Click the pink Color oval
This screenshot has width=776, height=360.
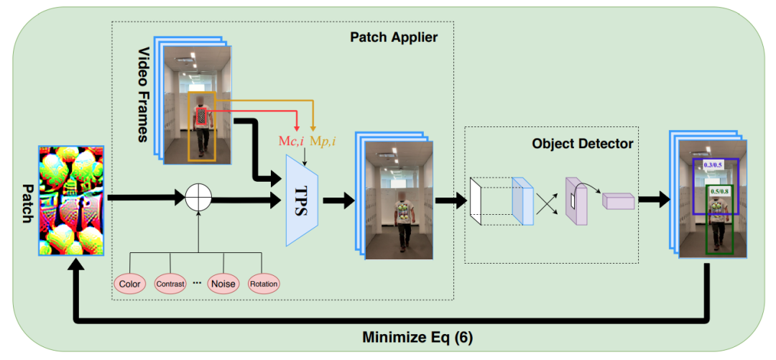[x=130, y=284]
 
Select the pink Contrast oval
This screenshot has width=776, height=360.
[x=170, y=284]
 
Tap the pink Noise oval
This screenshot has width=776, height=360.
[x=223, y=284]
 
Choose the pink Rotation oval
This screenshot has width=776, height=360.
[x=264, y=284]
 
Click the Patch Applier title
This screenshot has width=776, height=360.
[x=394, y=37]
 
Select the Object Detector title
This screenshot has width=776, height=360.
[x=582, y=144]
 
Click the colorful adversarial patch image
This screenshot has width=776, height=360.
[x=72, y=200]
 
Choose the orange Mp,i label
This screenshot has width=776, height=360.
[x=323, y=142]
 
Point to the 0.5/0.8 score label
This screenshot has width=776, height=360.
[x=719, y=192]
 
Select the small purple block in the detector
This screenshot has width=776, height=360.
[x=618, y=201]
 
